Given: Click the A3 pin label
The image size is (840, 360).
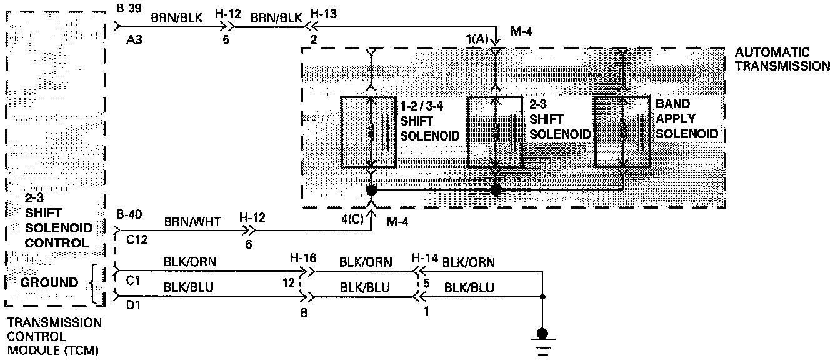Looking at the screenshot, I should [135, 39].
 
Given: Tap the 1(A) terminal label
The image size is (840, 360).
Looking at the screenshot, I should [477, 39].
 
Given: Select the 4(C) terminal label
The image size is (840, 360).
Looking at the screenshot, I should [351, 219].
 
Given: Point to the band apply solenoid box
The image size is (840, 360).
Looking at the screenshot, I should [621, 132].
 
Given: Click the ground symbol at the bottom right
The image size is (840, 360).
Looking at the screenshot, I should [542, 337].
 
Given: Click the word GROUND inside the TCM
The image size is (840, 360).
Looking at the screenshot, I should [50, 282].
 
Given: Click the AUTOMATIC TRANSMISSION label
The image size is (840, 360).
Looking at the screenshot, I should [782, 59].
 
